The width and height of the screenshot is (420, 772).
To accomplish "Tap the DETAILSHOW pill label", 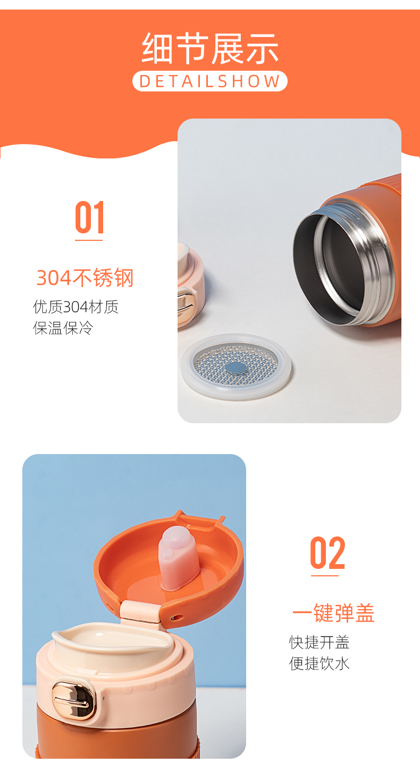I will tap(209, 81).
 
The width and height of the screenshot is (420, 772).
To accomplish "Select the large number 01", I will tap(89, 217).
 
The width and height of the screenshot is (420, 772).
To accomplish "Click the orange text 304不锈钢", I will tap(85, 278).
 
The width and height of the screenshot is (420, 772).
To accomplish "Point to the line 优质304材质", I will tap(75, 307).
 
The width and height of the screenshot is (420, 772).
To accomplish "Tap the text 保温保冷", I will tap(63, 328).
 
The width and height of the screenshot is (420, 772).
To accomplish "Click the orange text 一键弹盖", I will tap(333, 614).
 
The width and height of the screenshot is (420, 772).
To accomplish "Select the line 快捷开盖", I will tap(319, 642).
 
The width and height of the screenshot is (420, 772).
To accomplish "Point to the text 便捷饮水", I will tap(319, 664).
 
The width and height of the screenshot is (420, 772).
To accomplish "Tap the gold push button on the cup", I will tap(73, 700).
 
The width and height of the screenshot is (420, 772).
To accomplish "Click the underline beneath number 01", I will tap(89, 240).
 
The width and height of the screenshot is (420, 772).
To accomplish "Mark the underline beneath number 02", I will tap(324, 575).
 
